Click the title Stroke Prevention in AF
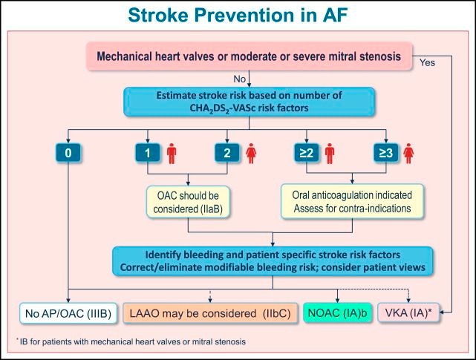click(x=238, y=15)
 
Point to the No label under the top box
click(x=238, y=78)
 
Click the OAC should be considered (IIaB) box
click(x=189, y=201)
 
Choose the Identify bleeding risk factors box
click(x=274, y=258)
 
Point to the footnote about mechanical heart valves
click(x=126, y=341)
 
